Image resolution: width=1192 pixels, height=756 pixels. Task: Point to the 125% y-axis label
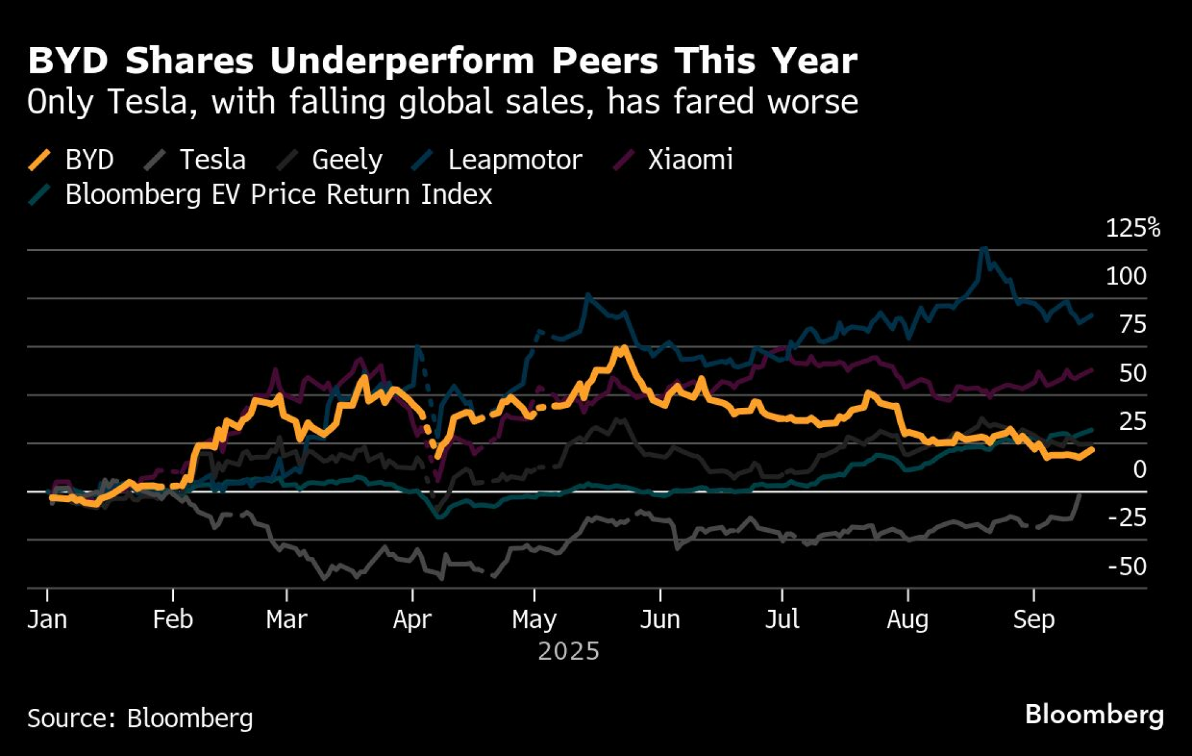click(x=1132, y=228)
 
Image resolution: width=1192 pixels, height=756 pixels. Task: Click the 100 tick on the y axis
click(x=1126, y=277)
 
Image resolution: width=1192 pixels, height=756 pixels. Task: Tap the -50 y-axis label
click(x=1126, y=566)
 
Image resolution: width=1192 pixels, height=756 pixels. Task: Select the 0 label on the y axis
click(x=1140, y=470)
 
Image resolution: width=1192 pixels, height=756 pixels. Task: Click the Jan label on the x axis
click(x=47, y=619)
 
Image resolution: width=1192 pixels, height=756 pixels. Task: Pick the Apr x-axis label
click(x=412, y=619)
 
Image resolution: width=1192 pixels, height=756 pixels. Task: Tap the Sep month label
click(x=1033, y=619)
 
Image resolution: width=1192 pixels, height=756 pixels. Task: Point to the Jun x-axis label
click(x=660, y=619)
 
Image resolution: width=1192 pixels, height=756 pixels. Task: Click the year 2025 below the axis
click(x=568, y=651)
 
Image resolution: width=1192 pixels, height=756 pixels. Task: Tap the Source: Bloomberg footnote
click(x=140, y=718)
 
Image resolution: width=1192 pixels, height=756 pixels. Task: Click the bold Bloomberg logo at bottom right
click(x=1094, y=714)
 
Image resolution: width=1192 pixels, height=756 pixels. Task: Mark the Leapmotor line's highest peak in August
click(x=984, y=249)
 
